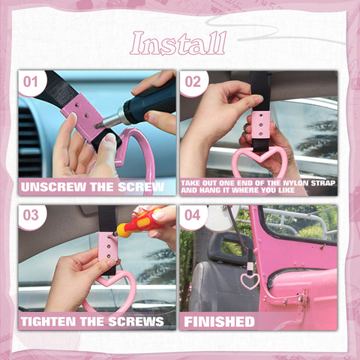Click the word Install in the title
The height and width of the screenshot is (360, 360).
pos(178,43)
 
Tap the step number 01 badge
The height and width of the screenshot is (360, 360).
pos(31,81)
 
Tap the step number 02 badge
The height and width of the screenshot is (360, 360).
pos(193,81)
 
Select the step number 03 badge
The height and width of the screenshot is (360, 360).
pos(31,216)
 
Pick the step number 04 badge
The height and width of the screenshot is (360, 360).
pos(193,216)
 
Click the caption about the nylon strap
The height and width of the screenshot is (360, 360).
pos(258,187)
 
